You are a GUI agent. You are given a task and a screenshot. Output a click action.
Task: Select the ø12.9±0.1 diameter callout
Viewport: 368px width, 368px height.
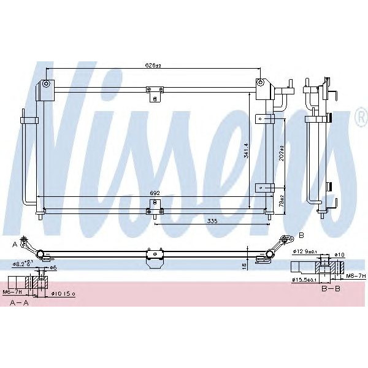(305, 251)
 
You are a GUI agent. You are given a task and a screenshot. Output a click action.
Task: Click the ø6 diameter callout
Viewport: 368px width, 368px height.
(53, 267)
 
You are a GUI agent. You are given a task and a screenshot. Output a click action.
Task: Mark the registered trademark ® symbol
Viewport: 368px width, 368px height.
(359, 121)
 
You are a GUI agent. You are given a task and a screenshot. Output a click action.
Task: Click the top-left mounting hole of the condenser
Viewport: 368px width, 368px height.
(46, 83)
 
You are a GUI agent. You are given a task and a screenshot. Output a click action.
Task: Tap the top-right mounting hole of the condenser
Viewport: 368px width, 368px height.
(261, 82)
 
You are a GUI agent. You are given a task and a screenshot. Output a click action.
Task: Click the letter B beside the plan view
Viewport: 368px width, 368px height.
(301, 235)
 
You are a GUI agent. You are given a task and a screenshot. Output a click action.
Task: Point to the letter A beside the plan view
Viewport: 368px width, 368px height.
(14, 244)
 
